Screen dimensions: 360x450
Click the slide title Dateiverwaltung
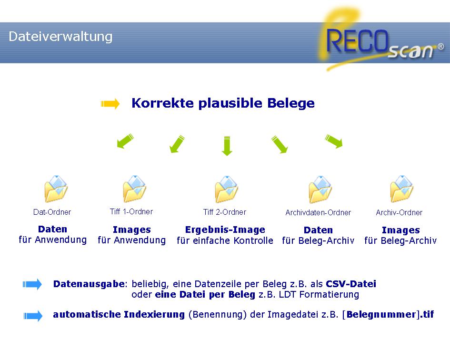tap(60, 37)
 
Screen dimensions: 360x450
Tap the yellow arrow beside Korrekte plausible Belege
tap(110, 104)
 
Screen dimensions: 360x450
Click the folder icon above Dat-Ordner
tap(56, 189)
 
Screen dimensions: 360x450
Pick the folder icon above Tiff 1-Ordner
tap(134, 189)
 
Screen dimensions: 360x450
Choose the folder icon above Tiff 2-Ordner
tap(226, 189)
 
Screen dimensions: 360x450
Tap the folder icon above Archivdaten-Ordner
tap(320, 190)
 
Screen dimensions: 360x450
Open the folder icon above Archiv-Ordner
tap(401, 189)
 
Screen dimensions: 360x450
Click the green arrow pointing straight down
tap(227, 145)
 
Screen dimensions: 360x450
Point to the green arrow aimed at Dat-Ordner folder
tap(124, 141)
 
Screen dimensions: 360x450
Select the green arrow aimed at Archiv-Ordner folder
tap(334, 141)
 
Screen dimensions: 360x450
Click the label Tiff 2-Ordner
tap(225, 212)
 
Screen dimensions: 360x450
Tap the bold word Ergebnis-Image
tap(225, 230)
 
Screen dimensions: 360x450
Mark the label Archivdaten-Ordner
tap(318, 213)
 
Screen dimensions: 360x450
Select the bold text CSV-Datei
tap(351, 284)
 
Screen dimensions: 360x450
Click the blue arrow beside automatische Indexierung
tap(33, 315)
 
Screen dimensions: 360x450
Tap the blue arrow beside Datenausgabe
tap(33, 285)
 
